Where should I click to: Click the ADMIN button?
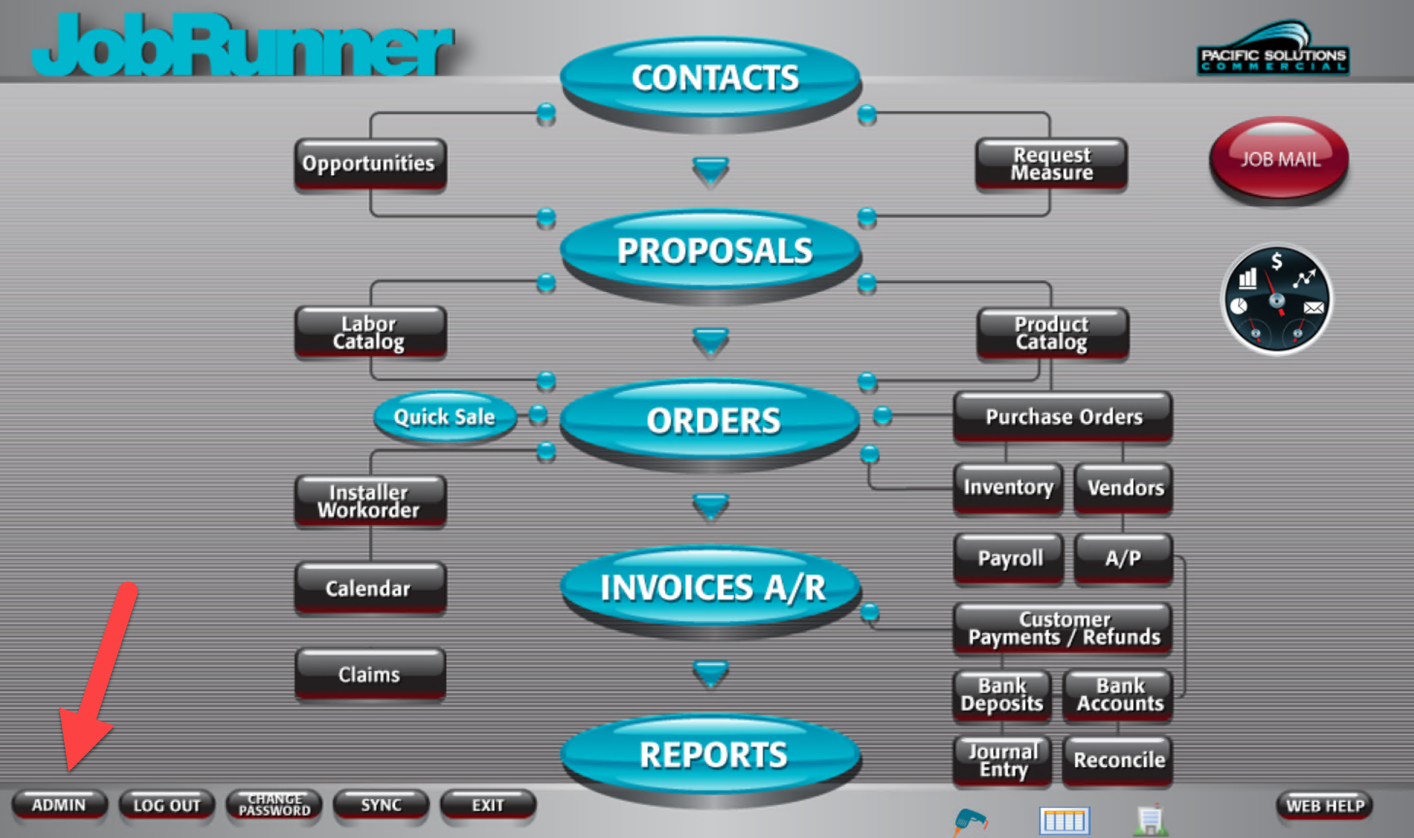(59, 805)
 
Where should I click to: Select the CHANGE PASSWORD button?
(275, 805)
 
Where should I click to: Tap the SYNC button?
(381, 805)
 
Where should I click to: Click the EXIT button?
(488, 805)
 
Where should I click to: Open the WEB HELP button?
(1325, 806)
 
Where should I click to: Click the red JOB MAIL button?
(1279, 159)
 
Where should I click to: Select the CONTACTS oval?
(711, 81)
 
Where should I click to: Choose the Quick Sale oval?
(445, 416)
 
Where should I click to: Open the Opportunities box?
(370, 164)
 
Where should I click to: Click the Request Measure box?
(1051, 164)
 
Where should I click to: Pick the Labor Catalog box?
(370, 332)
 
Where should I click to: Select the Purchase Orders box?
(1063, 417)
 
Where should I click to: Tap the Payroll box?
(1009, 558)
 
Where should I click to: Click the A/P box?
(1123, 558)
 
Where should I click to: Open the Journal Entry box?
(1002, 760)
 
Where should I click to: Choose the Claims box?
(370, 674)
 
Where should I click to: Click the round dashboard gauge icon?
(1276, 299)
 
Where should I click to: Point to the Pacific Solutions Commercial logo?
(1273, 48)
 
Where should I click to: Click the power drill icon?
(970, 821)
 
